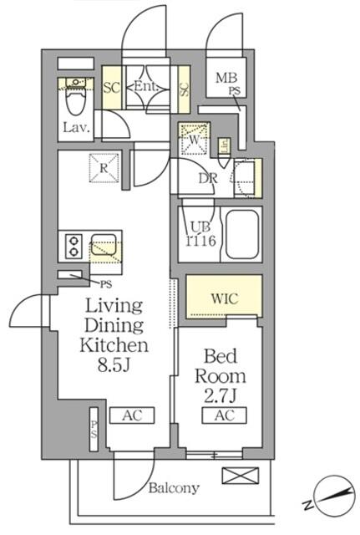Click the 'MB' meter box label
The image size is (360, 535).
pyautogui.click(x=226, y=79)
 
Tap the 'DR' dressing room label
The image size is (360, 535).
pyautogui.click(x=208, y=177)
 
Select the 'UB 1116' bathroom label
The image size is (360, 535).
pyautogui.click(x=200, y=232)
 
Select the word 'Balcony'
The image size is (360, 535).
pyautogui.click(x=174, y=488)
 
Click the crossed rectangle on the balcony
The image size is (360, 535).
pyautogui.click(x=235, y=476)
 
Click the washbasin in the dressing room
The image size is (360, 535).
pyautogui.click(x=247, y=177)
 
